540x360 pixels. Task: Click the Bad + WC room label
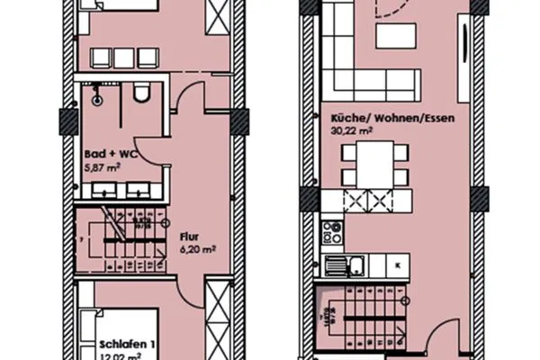point(111,154)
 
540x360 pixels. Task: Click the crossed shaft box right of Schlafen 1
point(218,319)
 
